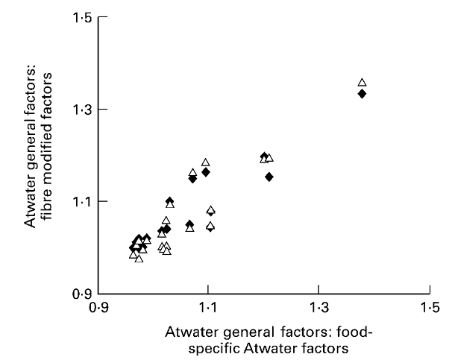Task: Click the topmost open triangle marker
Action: [x=362, y=83]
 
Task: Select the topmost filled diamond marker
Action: [x=362, y=94]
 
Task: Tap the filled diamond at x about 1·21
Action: [x=269, y=177]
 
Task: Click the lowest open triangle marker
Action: [x=139, y=259]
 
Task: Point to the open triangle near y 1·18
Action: [x=206, y=162]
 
